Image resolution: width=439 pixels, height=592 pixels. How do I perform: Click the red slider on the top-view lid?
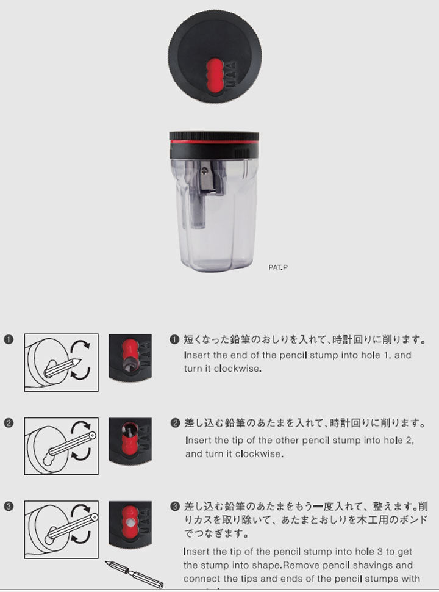(215, 75)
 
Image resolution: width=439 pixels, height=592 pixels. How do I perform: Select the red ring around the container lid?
(214, 142)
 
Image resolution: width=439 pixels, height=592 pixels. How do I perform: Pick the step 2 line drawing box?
(61, 446)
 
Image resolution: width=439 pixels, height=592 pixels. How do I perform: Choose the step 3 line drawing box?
(61, 530)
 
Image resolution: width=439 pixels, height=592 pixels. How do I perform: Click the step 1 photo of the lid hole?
(130, 358)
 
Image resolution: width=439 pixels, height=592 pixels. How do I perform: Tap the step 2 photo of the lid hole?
(130, 441)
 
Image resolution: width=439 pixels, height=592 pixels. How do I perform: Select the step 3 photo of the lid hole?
(130, 524)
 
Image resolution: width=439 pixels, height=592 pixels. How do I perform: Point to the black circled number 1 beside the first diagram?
(9, 340)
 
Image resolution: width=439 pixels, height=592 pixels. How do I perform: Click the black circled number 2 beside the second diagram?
(9, 422)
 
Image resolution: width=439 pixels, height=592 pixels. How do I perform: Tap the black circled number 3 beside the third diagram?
(9, 505)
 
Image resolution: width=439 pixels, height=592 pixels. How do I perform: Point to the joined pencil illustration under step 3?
(135, 574)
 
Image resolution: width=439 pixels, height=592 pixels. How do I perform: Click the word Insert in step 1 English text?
(198, 355)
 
